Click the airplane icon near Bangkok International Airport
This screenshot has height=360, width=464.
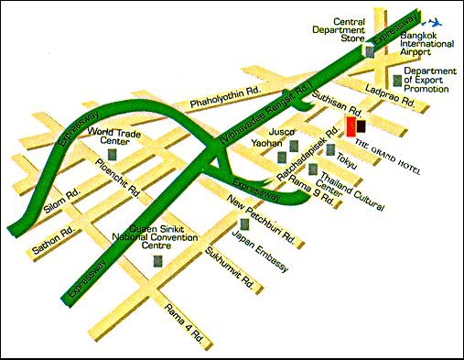point(437,21)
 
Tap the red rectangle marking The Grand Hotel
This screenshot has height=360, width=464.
point(350,127)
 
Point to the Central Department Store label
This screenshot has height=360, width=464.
point(349,29)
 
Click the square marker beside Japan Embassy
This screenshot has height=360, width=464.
point(243,224)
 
